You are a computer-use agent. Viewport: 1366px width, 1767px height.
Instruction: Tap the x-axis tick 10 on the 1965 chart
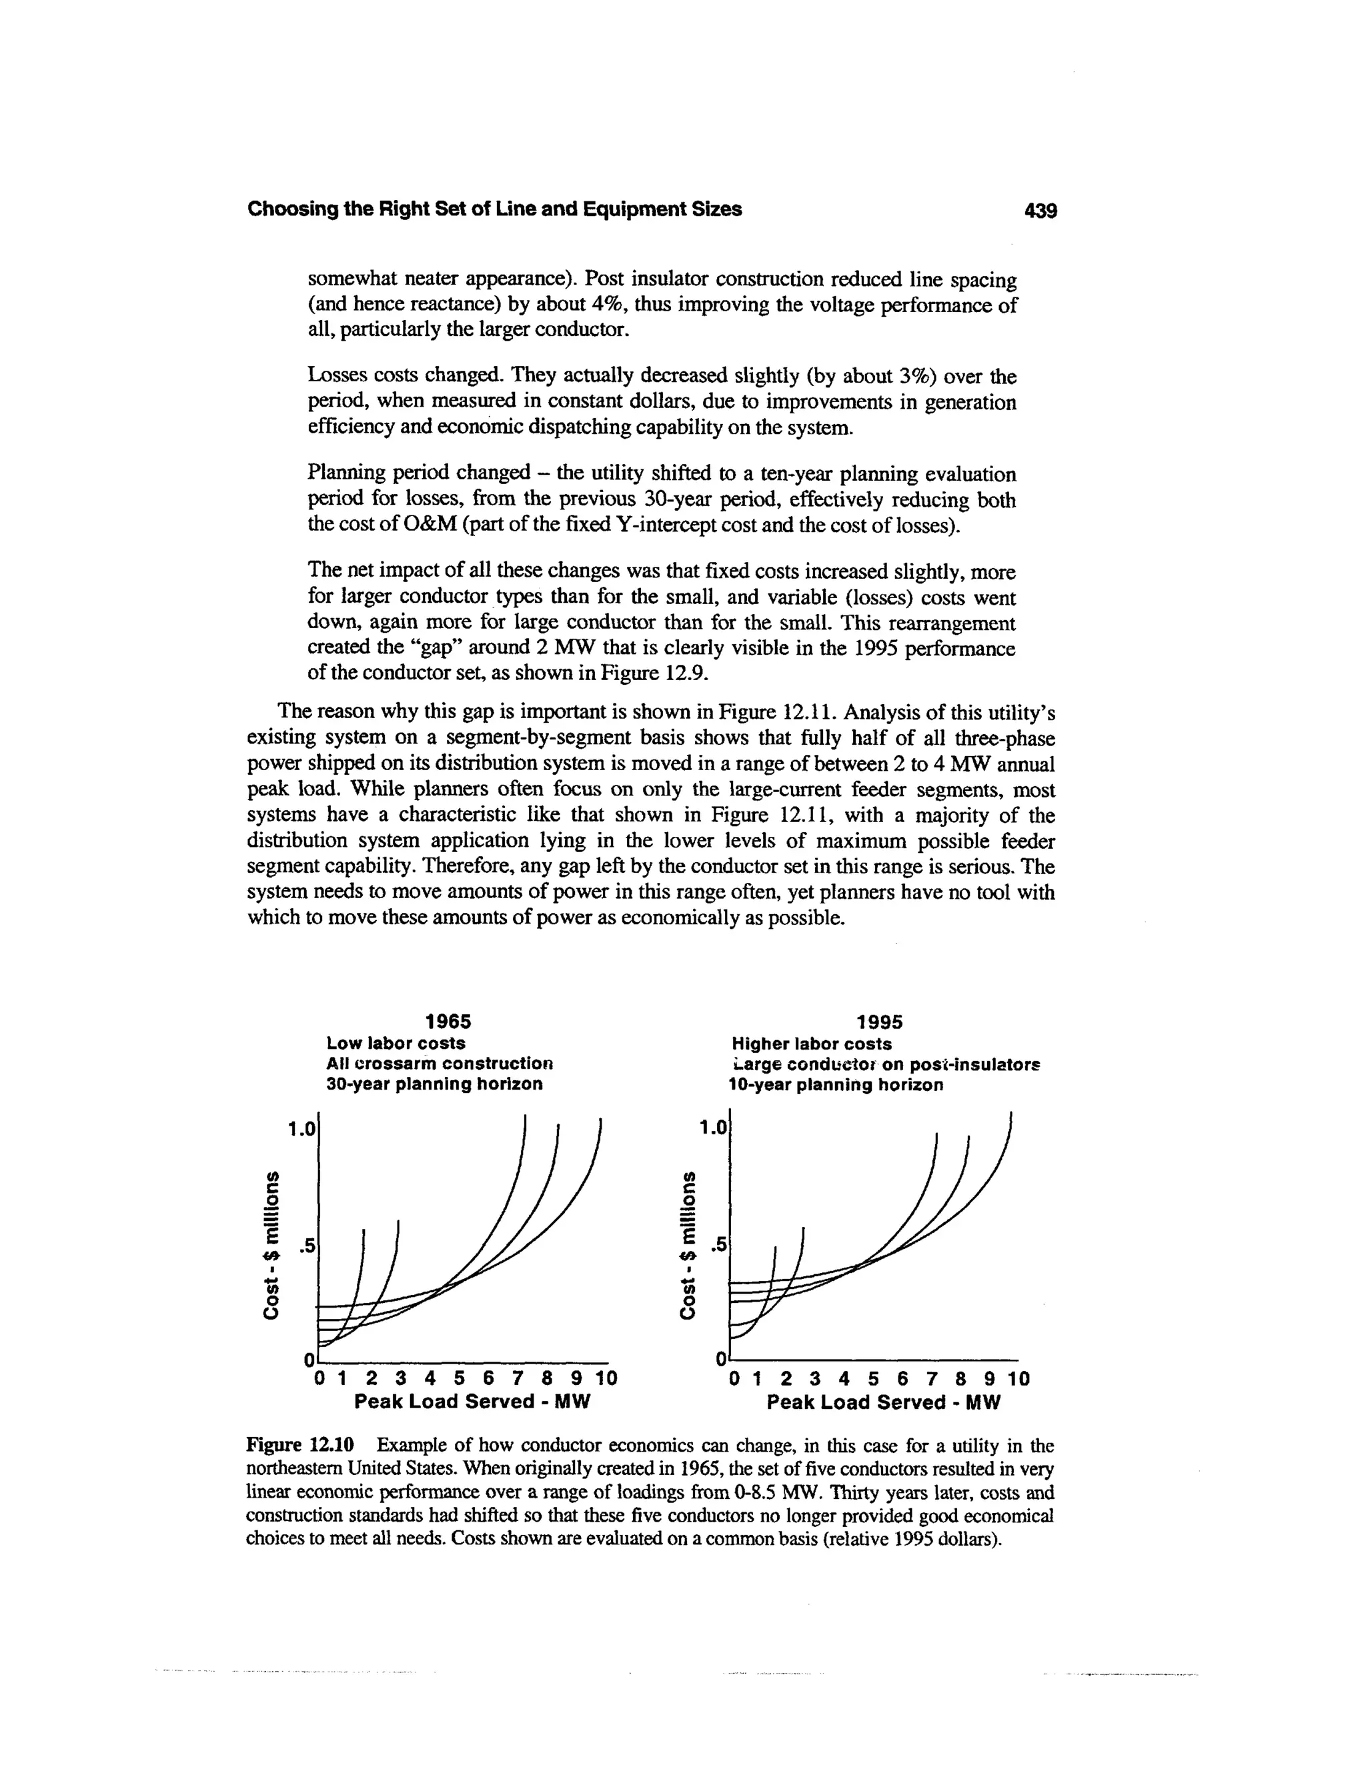coord(606,1378)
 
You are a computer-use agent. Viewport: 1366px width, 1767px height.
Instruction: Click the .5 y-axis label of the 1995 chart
coord(718,1246)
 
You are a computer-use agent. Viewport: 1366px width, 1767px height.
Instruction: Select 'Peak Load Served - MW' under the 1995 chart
coord(884,1402)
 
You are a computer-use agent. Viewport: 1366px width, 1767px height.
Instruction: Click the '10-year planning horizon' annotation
coord(836,1085)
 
